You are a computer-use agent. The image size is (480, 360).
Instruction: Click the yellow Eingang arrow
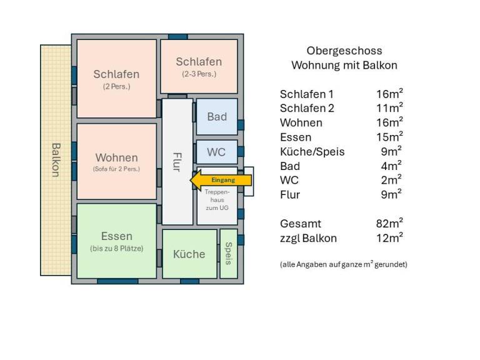[x=221, y=181]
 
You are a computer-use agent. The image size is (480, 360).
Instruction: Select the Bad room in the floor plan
[x=217, y=117]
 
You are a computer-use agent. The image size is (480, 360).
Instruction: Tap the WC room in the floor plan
[x=216, y=152]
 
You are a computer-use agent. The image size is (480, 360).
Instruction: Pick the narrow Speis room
[x=228, y=254]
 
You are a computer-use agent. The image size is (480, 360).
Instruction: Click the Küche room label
[x=189, y=254]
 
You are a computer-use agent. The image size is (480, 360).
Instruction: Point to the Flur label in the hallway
[x=177, y=161]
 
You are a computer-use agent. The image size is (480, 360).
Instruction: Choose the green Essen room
[x=116, y=241]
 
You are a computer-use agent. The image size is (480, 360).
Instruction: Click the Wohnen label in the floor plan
[x=116, y=157]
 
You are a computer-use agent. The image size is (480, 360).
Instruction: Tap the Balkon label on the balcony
[x=55, y=160]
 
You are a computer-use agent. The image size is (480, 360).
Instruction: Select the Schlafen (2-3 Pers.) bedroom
[x=199, y=66]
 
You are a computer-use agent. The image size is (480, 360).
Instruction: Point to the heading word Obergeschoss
[x=344, y=51]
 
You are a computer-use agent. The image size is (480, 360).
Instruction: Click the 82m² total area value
[x=385, y=222]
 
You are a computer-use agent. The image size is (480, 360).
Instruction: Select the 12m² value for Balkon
[x=385, y=237]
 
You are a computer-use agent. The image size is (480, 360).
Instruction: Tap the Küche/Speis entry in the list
[x=312, y=151]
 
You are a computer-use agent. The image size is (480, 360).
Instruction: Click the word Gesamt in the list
[x=300, y=223]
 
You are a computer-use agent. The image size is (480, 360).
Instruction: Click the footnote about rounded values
[x=343, y=264]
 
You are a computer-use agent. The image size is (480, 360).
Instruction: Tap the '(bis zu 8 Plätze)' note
[x=116, y=249]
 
